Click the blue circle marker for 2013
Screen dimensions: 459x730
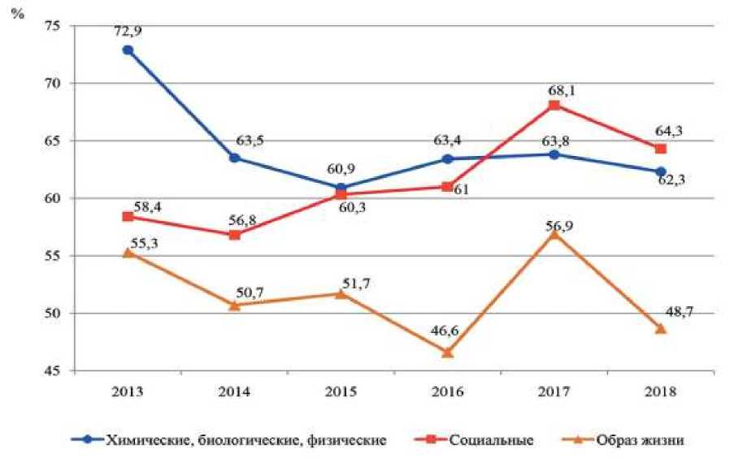(x=128, y=50)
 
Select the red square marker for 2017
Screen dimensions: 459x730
(x=554, y=106)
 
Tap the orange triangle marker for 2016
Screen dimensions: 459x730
(x=447, y=352)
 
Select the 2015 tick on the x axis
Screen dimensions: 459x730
(x=341, y=391)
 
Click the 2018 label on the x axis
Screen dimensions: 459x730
(x=660, y=391)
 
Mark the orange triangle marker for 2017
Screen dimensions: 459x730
(x=554, y=233)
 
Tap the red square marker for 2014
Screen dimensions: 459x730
(x=234, y=235)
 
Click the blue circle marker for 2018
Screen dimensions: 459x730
(x=660, y=171)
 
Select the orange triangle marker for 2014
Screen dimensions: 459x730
(x=234, y=305)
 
